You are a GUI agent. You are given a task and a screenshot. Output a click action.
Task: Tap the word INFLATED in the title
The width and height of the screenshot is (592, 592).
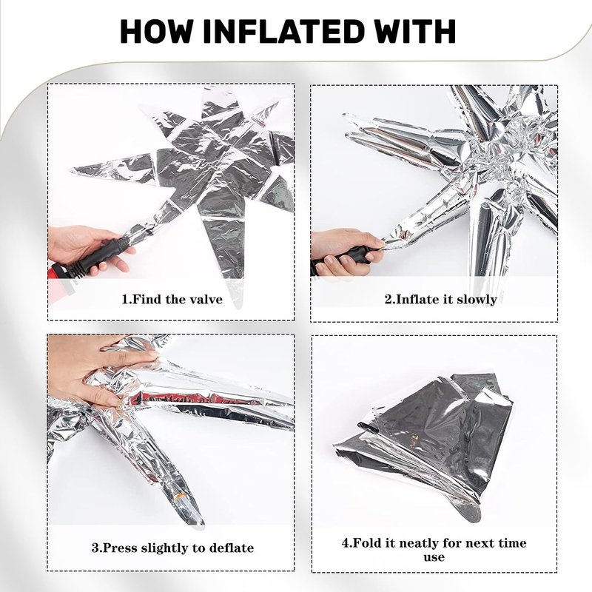point(277,31)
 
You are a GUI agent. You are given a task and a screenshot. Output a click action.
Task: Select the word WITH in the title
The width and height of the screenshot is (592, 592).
point(409,31)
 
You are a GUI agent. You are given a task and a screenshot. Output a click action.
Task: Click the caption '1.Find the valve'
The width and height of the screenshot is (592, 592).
point(172,300)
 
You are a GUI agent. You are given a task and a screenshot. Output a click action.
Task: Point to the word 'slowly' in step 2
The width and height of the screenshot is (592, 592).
point(477,300)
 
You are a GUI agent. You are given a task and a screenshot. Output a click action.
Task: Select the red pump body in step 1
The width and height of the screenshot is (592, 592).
point(58,279)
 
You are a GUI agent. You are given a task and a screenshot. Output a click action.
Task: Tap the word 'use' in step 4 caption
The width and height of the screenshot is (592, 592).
point(434,557)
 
